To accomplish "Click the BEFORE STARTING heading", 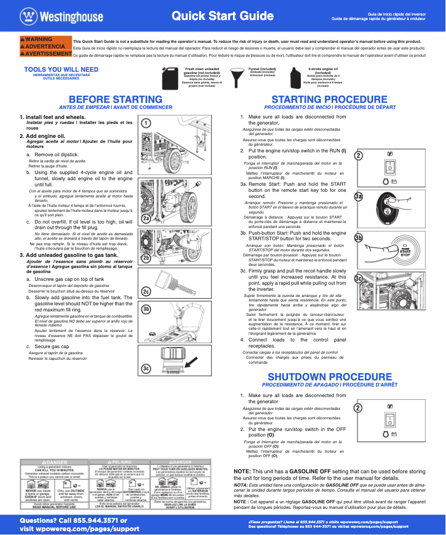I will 115,99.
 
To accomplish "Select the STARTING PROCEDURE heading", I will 330,99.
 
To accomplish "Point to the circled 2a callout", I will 146,219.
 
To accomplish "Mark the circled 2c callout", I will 146,291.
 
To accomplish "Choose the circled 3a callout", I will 359,196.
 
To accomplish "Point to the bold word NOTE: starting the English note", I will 242,471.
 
